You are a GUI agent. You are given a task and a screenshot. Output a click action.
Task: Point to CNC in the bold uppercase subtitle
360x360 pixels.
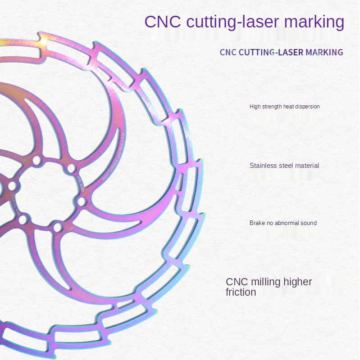(x=228, y=52)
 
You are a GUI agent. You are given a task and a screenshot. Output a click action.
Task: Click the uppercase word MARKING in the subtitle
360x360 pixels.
(x=324, y=52)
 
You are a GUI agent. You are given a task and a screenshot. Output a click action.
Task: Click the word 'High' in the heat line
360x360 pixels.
(x=255, y=107)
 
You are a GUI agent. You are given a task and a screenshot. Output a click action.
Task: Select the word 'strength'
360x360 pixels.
(x=271, y=107)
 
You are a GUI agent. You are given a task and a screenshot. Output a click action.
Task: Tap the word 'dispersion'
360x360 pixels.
(x=307, y=107)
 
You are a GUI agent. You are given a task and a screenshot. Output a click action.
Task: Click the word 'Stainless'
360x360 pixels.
(x=264, y=166)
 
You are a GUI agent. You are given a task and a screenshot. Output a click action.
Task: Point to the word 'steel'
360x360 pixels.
(x=288, y=166)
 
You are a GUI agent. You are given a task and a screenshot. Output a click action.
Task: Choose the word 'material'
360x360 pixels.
(x=309, y=166)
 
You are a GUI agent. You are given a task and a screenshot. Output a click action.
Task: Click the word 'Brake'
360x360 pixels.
(x=256, y=223)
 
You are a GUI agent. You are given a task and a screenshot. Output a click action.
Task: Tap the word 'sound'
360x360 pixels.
(x=309, y=223)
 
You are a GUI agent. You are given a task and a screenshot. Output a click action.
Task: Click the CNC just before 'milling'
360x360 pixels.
(x=237, y=282)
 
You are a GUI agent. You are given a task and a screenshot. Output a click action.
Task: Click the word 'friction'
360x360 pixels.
(x=241, y=292)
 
